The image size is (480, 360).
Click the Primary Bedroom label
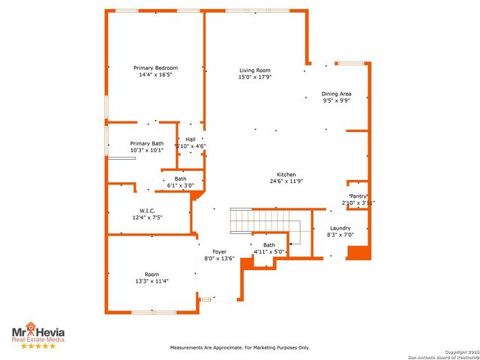tap(155, 67)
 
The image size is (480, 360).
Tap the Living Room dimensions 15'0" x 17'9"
tap(255, 76)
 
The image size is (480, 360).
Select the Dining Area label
tap(337, 94)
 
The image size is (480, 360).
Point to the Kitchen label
tap(286, 174)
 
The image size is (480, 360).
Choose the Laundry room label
tap(340, 228)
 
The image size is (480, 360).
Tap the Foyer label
tap(219, 251)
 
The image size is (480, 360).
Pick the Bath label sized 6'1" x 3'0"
tap(181, 178)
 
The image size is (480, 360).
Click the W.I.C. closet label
tap(146, 211)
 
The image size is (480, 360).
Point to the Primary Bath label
tap(146, 143)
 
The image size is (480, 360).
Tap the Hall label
tap(190, 139)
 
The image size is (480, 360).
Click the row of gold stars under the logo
tap(38, 346)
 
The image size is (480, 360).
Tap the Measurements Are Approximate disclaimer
tap(239, 347)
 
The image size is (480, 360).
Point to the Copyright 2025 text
tap(459, 352)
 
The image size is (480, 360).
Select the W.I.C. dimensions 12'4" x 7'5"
tap(146, 217)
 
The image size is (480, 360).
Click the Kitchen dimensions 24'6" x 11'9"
tap(286, 181)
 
